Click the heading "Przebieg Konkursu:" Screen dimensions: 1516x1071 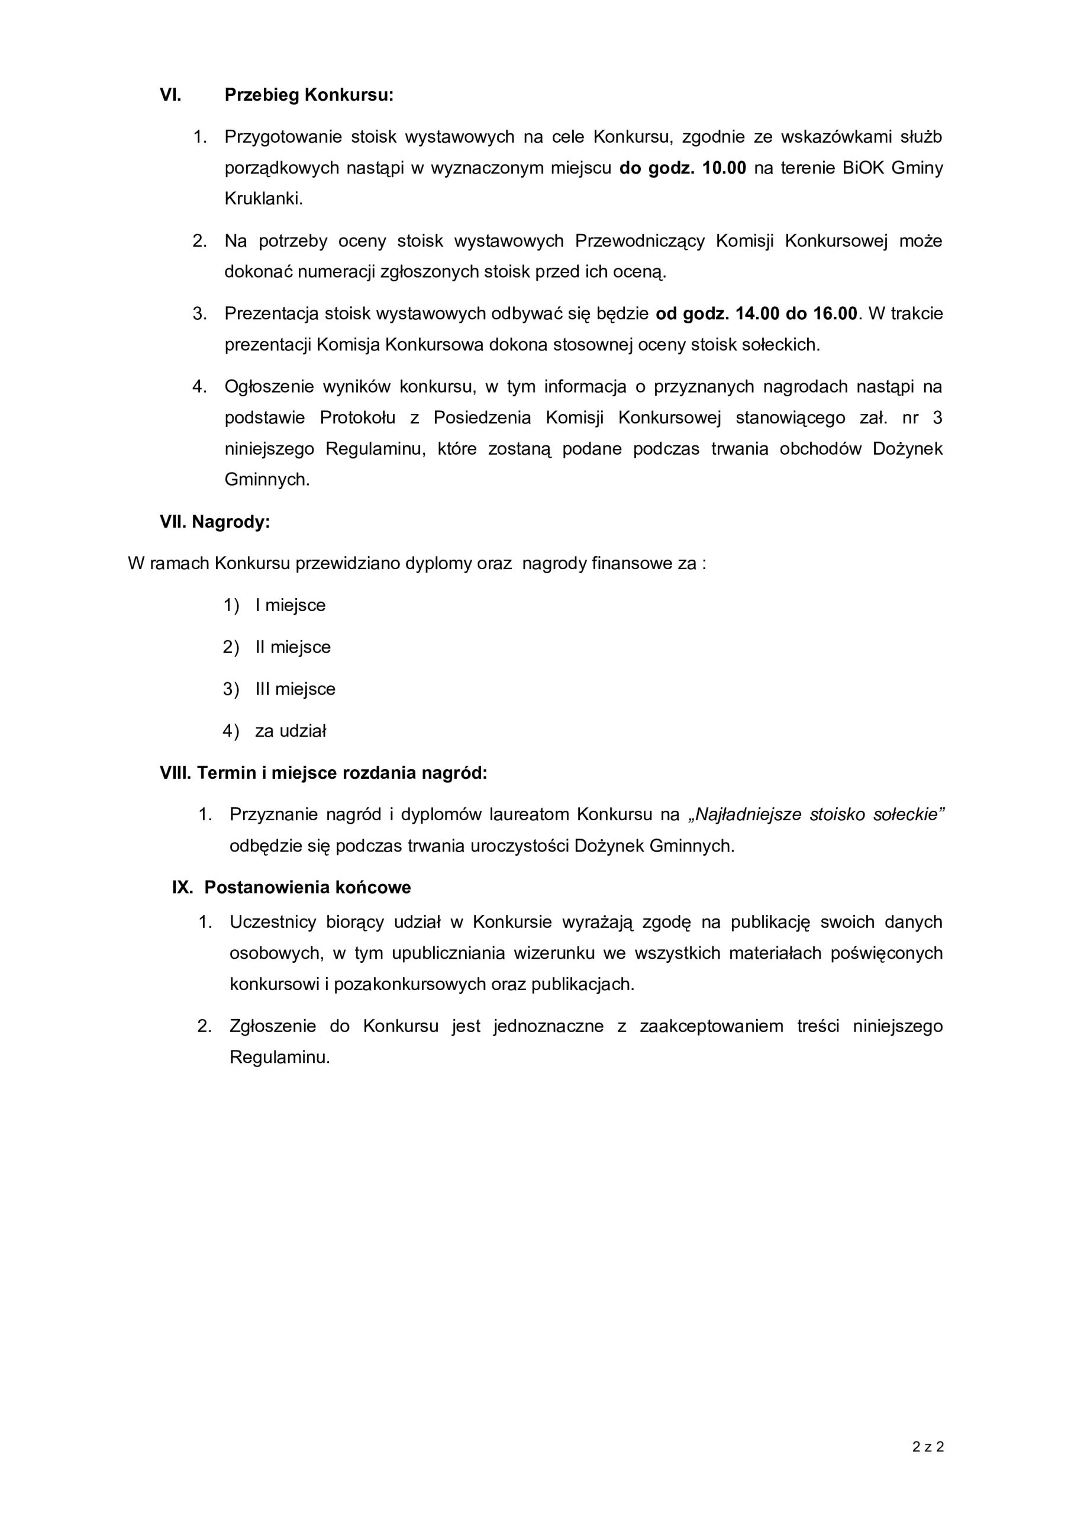(309, 95)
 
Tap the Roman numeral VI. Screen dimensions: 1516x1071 (170, 95)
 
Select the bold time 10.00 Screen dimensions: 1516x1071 (724, 168)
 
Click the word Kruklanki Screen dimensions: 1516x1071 (263, 199)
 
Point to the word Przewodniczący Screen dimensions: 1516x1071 (640, 241)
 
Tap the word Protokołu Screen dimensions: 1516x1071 (357, 418)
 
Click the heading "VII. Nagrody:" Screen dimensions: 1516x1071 (215, 522)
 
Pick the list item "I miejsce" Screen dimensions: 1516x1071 (291, 605)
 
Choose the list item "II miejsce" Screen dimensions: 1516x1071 (293, 647)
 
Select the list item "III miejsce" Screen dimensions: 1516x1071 (296, 689)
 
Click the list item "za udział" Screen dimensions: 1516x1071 (291, 731)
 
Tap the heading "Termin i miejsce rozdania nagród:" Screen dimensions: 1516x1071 (342, 773)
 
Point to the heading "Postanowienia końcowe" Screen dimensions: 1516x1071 (308, 888)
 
